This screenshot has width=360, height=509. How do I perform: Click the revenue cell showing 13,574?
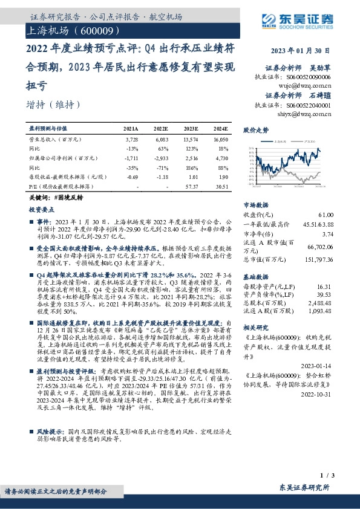[x=190, y=138]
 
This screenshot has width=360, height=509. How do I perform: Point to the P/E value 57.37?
[x=191, y=188]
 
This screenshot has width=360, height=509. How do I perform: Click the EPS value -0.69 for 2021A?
[x=132, y=178]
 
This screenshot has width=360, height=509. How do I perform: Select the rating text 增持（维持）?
[x=54, y=104]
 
